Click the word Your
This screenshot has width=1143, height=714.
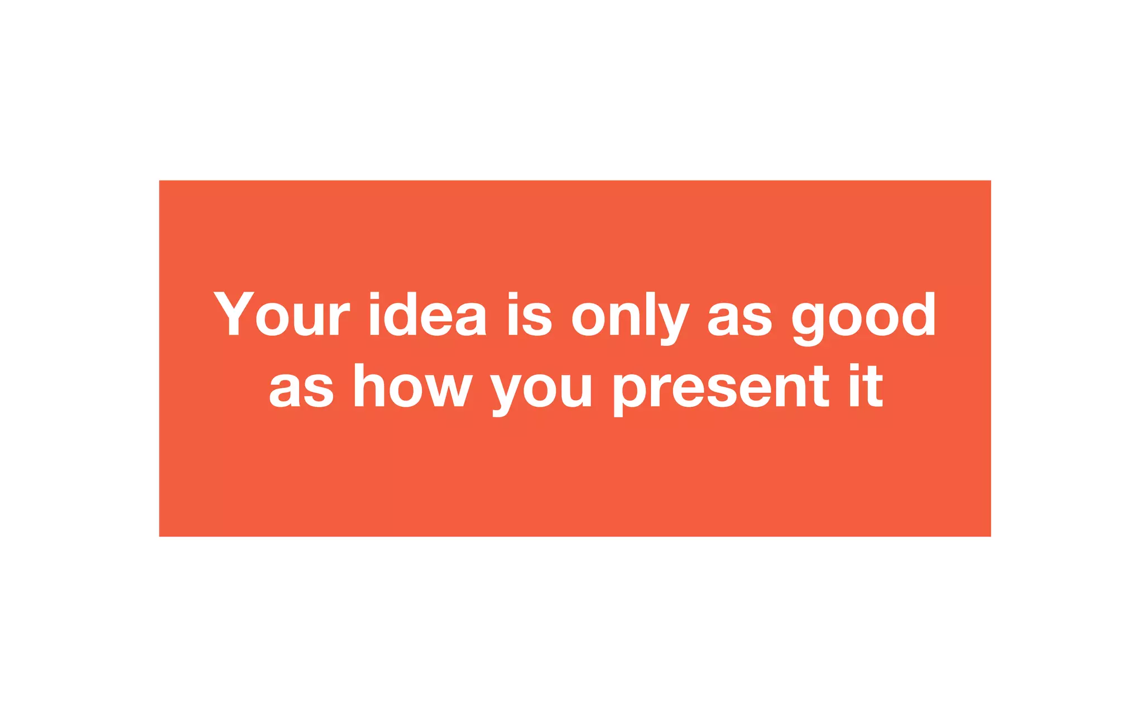click(281, 314)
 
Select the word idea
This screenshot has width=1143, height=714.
click(428, 314)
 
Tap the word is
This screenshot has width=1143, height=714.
click(530, 314)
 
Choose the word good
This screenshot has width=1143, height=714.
click(863, 317)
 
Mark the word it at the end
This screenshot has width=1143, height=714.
click(866, 386)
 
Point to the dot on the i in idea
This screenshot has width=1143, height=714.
click(374, 296)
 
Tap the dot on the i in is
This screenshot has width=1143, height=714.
click(513, 296)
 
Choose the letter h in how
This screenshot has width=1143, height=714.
click(368, 386)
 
